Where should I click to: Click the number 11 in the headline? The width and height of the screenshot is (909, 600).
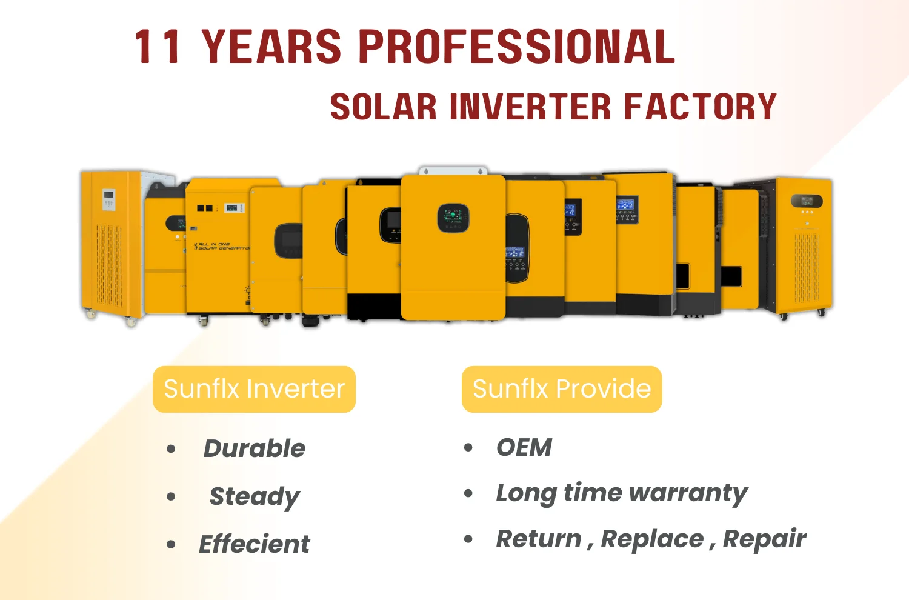[x=158, y=47]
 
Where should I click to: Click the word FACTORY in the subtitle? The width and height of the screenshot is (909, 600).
[x=700, y=106]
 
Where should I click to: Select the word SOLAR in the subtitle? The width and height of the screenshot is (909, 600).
[x=383, y=106]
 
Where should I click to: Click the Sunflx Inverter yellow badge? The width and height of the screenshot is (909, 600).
[x=254, y=389]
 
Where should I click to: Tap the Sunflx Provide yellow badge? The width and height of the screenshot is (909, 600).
[x=562, y=389]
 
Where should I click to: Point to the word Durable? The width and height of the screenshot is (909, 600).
[x=254, y=448]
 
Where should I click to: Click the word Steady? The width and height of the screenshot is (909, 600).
[x=255, y=497]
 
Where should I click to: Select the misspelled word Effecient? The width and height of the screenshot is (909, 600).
[x=254, y=544]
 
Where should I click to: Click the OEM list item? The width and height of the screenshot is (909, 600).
[x=524, y=447]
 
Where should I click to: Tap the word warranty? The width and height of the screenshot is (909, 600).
[x=688, y=494]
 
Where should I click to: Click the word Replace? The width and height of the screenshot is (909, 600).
[x=652, y=539]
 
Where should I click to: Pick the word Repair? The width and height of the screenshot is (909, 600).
[x=765, y=539]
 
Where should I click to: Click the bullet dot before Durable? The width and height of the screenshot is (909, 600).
[x=171, y=449]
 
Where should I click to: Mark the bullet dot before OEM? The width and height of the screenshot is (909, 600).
[x=468, y=448]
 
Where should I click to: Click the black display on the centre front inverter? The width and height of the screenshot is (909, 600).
[x=453, y=218]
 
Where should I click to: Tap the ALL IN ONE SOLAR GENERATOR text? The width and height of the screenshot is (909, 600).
[x=222, y=246]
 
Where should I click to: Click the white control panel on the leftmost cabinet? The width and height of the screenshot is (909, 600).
[x=108, y=199]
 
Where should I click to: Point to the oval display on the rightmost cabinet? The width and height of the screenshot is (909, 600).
[x=807, y=201]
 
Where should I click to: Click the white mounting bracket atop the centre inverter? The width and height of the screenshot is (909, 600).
[x=453, y=170]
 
